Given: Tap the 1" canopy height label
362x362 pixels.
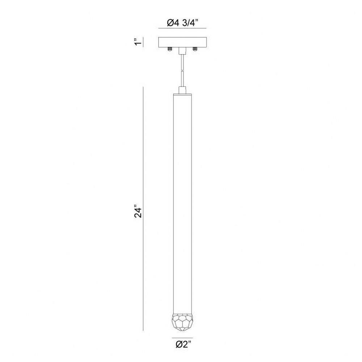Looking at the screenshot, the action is (138, 42).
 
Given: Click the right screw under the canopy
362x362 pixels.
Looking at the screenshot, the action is (195, 49).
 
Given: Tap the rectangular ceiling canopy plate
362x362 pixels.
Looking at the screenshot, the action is (182, 42).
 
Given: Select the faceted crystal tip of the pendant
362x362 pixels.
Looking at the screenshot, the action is (182, 321).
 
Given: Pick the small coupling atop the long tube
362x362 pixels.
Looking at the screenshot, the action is (182, 90).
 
